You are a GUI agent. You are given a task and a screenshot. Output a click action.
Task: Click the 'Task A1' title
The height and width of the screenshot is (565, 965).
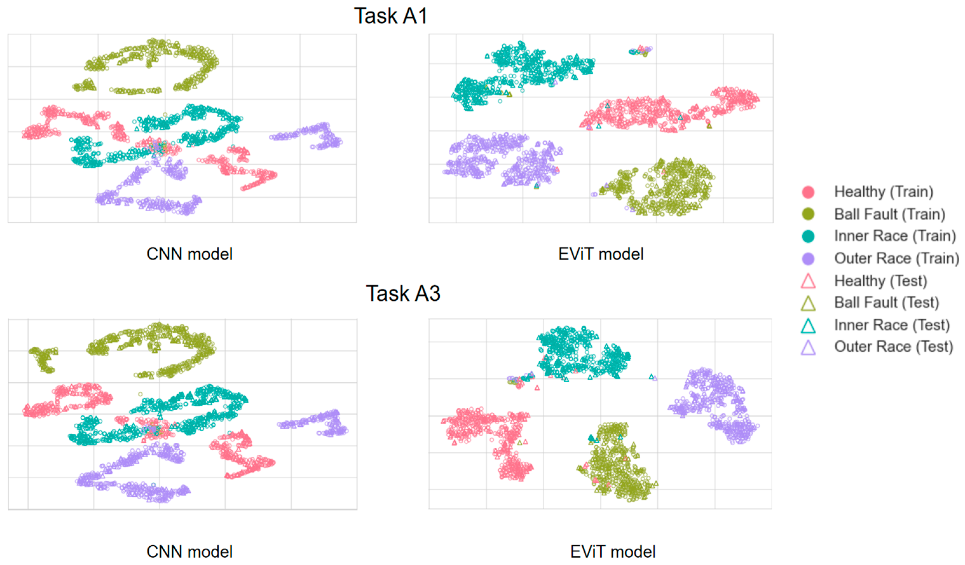click(x=390, y=16)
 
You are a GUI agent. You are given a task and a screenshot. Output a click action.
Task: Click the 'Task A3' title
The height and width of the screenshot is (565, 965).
click(x=403, y=293)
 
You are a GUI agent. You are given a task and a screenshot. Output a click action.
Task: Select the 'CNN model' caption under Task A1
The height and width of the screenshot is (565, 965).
click(x=190, y=254)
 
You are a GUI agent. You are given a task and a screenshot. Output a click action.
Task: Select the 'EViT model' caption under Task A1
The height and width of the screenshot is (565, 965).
click(x=601, y=254)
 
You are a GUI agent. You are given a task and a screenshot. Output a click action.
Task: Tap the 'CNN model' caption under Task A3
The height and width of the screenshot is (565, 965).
click(x=190, y=552)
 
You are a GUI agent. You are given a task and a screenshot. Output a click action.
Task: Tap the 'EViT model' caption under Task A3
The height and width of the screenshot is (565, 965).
click(x=613, y=552)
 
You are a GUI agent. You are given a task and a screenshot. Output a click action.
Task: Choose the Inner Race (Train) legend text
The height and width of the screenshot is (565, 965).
click(x=895, y=236)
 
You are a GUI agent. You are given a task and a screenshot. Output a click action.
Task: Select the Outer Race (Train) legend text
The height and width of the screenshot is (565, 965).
click(x=896, y=259)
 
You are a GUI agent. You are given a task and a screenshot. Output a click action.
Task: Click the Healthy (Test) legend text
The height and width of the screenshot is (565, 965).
click(x=880, y=281)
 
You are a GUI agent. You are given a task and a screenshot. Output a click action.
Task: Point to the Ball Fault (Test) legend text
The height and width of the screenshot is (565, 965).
click(x=887, y=303)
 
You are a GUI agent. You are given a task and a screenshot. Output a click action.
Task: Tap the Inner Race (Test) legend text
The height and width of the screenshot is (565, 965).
click(x=892, y=325)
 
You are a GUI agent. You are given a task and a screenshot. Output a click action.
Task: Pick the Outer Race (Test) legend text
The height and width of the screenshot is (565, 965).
click(x=894, y=347)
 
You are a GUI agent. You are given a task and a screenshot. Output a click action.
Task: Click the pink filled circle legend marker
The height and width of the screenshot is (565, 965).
click(x=808, y=192)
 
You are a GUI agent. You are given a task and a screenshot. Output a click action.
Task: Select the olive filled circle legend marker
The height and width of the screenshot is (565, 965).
click(x=808, y=214)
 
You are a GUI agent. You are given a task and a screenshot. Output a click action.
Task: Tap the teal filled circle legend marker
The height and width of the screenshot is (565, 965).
click(x=808, y=236)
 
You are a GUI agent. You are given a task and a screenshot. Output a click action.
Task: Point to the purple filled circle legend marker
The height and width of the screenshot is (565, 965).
click(x=808, y=259)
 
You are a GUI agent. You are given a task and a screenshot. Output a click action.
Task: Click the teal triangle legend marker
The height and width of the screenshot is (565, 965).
click(x=808, y=326)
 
